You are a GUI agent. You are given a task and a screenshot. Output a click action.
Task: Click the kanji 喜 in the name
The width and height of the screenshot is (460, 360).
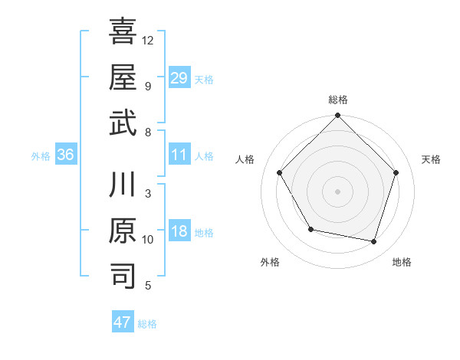123,32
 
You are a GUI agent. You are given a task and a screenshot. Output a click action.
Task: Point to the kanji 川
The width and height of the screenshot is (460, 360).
123,186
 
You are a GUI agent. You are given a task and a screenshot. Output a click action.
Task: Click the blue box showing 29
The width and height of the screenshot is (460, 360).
179,77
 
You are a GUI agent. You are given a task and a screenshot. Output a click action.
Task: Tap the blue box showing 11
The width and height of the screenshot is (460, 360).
179,155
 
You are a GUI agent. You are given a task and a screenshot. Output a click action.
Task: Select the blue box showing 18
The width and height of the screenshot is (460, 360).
179,232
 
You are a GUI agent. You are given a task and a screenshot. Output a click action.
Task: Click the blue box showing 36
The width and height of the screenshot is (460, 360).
66,155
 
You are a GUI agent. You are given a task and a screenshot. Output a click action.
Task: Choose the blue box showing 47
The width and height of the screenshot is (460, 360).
123,322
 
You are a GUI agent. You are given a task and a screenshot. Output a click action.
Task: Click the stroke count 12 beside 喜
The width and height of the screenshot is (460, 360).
149,40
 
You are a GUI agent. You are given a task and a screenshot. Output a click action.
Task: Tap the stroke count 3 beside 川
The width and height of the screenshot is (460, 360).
148,194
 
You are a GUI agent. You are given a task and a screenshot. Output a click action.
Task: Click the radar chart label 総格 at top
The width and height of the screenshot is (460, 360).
338,100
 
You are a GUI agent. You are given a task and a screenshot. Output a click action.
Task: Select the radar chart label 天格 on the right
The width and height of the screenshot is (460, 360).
432,160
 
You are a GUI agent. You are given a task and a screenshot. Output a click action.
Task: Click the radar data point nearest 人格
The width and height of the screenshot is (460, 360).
280,173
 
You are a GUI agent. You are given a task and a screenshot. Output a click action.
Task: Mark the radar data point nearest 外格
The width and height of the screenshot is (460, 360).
310,229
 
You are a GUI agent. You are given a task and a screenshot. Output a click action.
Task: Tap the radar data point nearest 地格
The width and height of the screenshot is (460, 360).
374,241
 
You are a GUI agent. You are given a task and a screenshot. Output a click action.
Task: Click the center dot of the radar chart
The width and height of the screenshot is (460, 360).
338,191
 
